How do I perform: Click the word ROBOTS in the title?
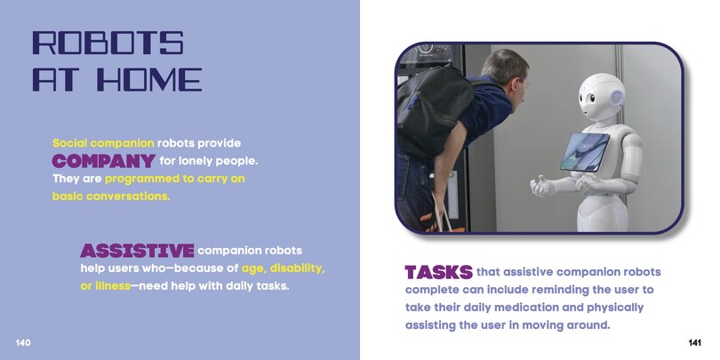108,43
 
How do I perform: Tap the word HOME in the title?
149,79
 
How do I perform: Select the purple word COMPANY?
103,161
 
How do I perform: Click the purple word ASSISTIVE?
137,251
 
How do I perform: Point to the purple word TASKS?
438,272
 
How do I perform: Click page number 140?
23,342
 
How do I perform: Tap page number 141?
695,342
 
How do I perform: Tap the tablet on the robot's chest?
585,151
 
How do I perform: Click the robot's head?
602,98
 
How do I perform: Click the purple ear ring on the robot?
617,98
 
